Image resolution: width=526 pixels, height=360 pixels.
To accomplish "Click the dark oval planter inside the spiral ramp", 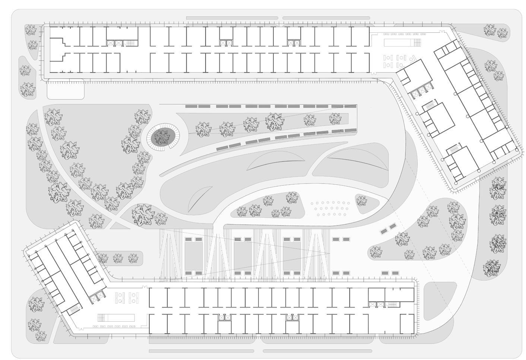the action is [x=162, y=137].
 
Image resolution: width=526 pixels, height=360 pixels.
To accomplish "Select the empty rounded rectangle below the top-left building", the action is [x=66, y=89].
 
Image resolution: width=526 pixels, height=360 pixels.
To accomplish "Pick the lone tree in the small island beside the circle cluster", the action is [x=361, y=201].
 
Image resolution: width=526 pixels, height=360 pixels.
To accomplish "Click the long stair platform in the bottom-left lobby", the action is [x=116, y=318].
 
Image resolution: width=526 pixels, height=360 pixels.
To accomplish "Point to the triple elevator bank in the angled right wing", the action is [x=423, y=90].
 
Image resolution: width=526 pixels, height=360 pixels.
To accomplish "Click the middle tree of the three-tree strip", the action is [x=118, y=258].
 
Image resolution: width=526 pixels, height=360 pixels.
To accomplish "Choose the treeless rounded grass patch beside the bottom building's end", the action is [x=440, y=300].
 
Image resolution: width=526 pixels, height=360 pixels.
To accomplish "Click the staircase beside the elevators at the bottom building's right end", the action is [x=392, y=305].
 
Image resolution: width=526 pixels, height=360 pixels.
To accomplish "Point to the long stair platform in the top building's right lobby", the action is [x=402, y=42].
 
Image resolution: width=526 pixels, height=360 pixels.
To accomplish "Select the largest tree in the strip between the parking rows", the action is [x=275, y=121].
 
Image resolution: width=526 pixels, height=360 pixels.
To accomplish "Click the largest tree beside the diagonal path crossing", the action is [x=143, y=214].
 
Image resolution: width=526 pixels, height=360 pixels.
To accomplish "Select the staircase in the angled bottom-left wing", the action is [x=75, y=309].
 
